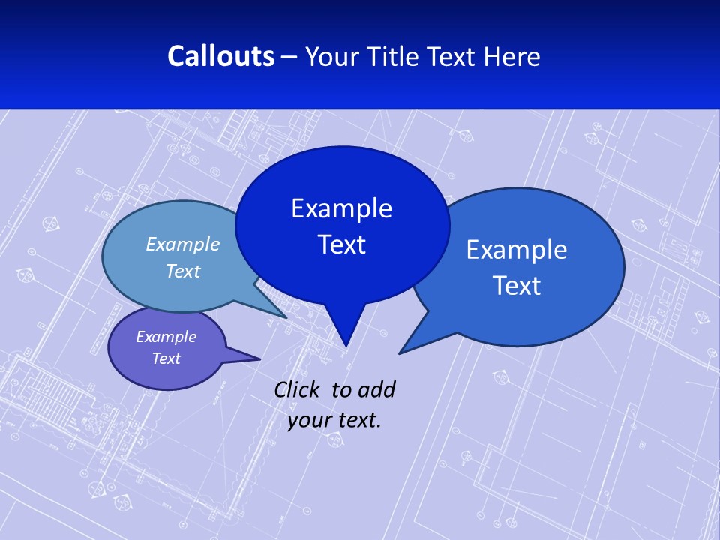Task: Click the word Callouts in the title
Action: (220, 56)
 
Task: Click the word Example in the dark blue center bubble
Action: (341, 208)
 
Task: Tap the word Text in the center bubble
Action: (341, 244)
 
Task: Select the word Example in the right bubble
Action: (517, 250)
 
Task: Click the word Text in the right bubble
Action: (517, 286)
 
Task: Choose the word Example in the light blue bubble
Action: (182, 244)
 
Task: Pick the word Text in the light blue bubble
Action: (182, 271)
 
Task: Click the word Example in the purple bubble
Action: (166, 337)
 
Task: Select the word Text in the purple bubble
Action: (166, 358)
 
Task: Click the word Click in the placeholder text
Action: (298, 389)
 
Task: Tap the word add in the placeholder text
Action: (376, 389)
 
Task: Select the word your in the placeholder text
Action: (309, 420)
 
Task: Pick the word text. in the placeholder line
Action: (359, 420)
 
